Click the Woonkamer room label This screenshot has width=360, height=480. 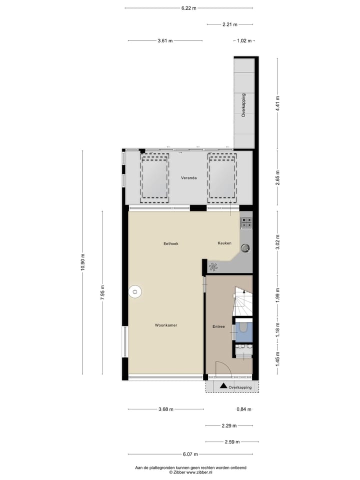pos(166,325)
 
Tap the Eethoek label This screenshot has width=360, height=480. pos(171,243)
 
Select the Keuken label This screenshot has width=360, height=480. pos(224,243)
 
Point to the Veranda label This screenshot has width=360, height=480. pos(188,178)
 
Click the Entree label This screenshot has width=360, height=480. pos(218,327)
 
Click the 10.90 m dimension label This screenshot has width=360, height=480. pos(83,261)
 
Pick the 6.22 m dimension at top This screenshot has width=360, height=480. pos(189,8)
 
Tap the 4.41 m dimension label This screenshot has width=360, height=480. pos(278,104)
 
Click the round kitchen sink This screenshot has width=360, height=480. pos(245,247)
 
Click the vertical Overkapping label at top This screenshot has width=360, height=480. pos(243,105)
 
